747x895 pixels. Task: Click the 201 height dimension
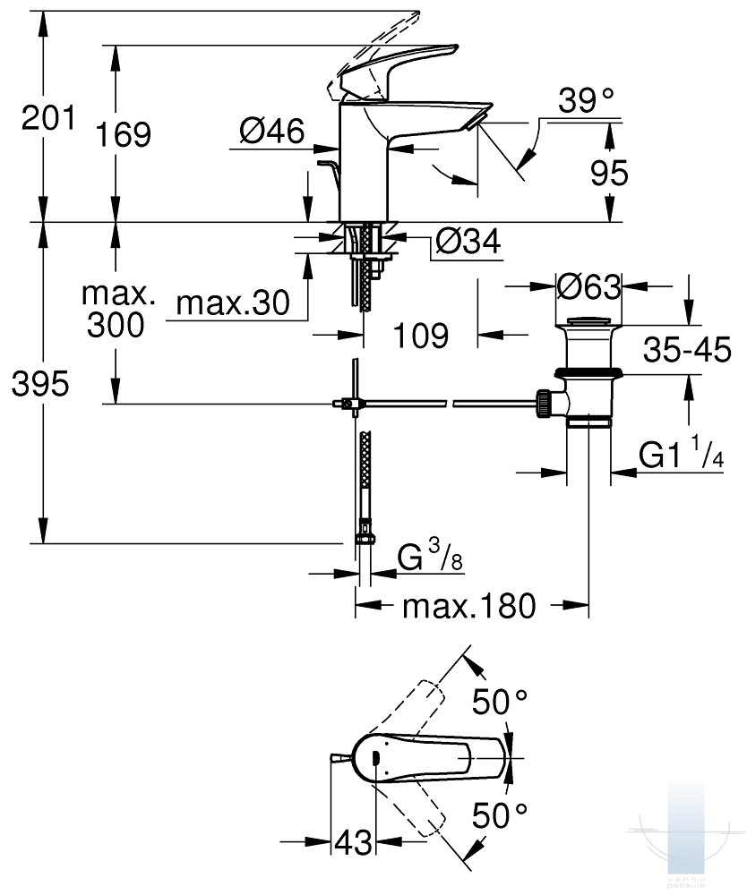click(x=48, y=118)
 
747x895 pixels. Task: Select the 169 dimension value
click(x=123, y=135)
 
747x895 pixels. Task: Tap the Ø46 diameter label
click(x=272, y=132)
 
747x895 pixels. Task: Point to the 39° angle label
click(x=586, y=100)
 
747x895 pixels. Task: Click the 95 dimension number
click(x=609, y=173)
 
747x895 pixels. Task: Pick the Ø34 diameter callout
click(x=468, y=241)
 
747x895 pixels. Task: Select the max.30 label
click(x=233, y=303)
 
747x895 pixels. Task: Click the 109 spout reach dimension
click(x=421, y=335)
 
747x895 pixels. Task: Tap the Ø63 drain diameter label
click(x=588, y=286)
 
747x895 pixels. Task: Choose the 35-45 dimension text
click(x=687, y=349)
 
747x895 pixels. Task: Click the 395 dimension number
click(x=40, y=384)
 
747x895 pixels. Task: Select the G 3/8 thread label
click(x=429, y=556)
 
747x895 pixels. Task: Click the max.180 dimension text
click(x=469, y=606)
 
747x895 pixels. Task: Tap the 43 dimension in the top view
click(x=353, y=842)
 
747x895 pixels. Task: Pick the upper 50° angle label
click(x=500, y=702)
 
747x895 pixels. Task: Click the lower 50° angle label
click(x=500, y=815)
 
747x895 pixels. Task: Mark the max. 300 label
click(x=117, y=310)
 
